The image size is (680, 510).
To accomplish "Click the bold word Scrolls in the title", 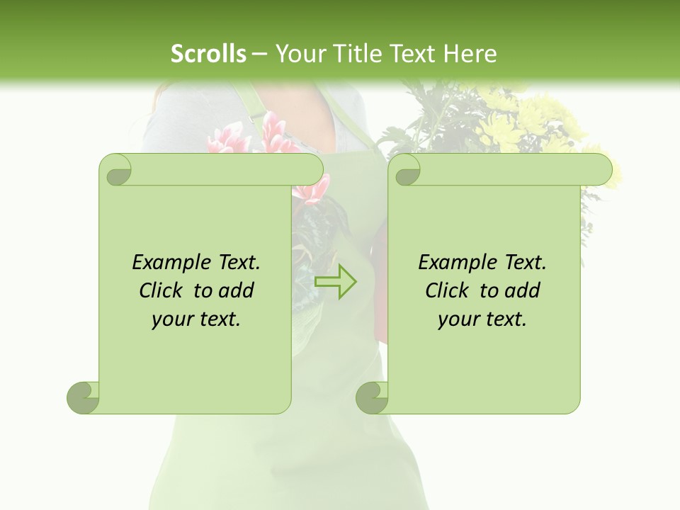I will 209,53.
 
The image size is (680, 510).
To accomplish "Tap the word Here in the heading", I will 470,53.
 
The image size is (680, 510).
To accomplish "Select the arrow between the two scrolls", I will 335,281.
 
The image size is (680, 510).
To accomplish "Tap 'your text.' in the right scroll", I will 482,319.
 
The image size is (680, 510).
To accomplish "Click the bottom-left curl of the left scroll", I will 83,397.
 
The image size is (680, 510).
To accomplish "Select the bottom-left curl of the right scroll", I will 372,397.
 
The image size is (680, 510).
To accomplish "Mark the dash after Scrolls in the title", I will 259,54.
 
